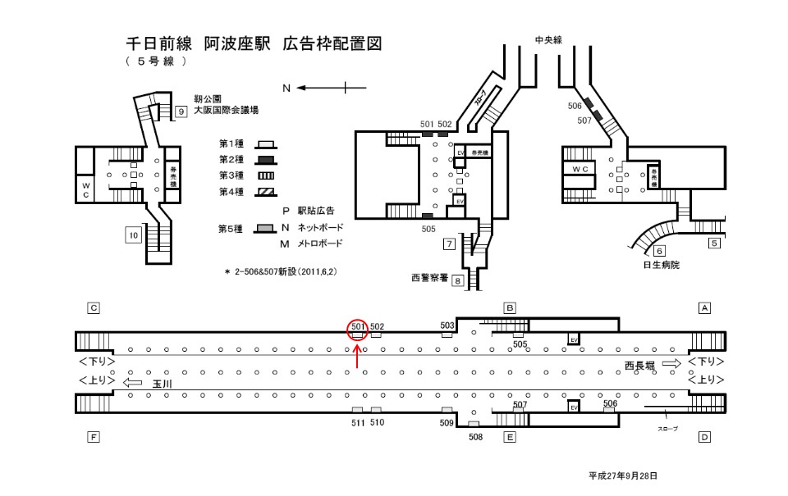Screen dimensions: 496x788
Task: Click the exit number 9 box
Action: (x=180, y=111)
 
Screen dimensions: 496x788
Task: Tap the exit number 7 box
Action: (x=449, y=243)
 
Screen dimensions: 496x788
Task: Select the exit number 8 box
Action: (x=458, y=280)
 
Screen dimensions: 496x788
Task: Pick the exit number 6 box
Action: (x=659, y=251)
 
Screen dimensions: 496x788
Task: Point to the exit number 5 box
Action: (x=714, y=243)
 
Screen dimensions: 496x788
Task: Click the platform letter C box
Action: (x=94, y=308)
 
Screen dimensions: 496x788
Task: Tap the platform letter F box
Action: (x=94, y=438)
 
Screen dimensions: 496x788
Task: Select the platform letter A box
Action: (x=703, y=308)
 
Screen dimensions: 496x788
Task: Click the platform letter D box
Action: (x=703, y=438)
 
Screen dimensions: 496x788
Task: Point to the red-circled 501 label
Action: (x=357, y=326)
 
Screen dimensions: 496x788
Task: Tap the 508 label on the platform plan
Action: (x=476, y=437)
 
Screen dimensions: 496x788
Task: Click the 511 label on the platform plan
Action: (x=357, y=422)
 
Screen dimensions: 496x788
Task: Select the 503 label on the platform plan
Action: (x=447, y=325)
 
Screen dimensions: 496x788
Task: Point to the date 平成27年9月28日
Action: (x=623, y=476)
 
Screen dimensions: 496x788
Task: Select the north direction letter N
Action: (x=286, y=87)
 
